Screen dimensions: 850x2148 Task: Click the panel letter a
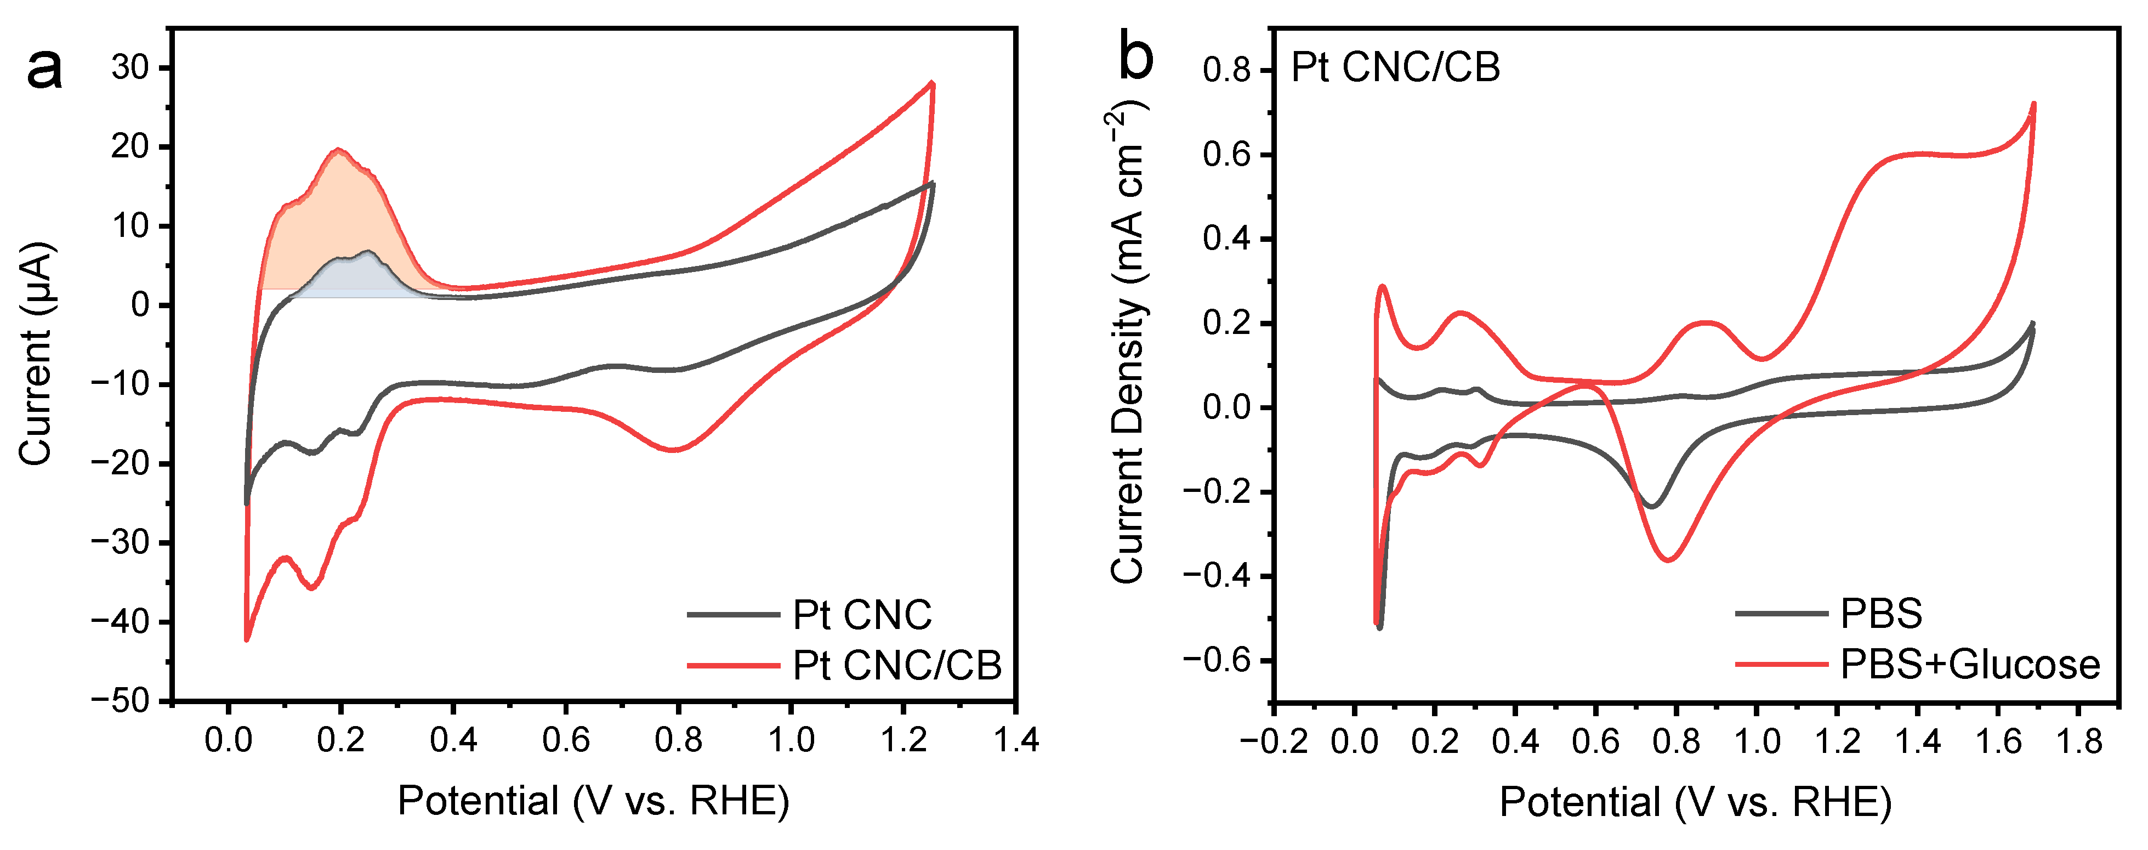[44, 69]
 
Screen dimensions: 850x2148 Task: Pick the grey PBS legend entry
[1881, 614]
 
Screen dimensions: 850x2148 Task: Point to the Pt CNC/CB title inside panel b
[1395, 67]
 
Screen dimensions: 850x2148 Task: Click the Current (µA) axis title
[36, 354]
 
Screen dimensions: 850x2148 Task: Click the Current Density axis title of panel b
[1127, 342]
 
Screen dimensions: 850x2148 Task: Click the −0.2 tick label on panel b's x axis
[1274, 741]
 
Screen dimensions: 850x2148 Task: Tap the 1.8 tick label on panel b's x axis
[2079, 741]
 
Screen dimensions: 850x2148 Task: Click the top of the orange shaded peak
[339, 151]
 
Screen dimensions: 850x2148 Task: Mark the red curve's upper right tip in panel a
[932, 83]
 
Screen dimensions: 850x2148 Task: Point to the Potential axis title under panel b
[1695, 802]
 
